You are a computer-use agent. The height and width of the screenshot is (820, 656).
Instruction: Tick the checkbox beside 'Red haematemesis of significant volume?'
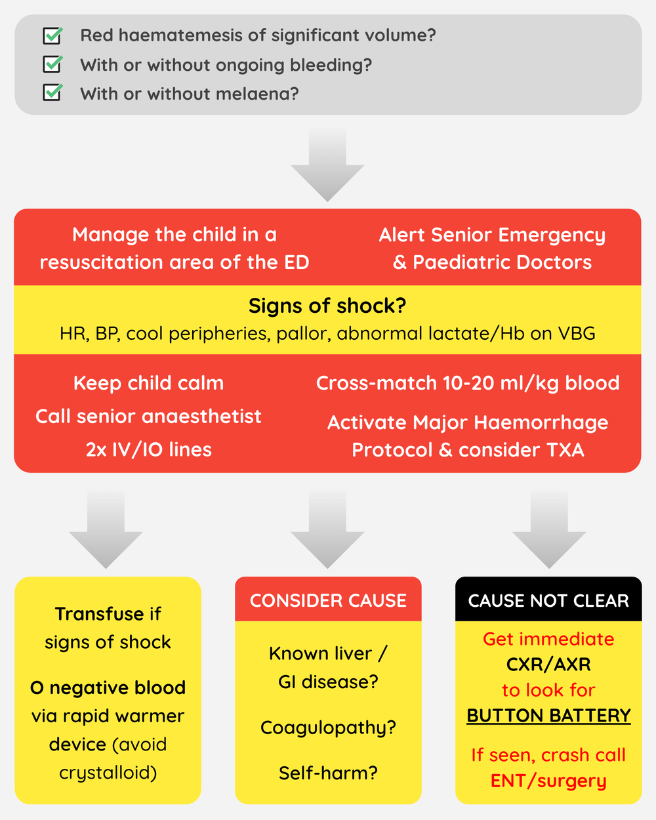click(52, 35)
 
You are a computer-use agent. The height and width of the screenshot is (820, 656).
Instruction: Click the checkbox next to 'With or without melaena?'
click(52, 93)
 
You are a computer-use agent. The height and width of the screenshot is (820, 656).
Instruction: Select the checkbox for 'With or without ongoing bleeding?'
click(52, 64)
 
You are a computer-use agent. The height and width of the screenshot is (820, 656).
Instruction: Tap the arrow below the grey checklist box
click(327, 164)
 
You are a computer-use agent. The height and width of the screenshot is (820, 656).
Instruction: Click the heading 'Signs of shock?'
click(327, 306)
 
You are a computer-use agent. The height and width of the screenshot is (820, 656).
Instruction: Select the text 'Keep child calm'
click(148, 383)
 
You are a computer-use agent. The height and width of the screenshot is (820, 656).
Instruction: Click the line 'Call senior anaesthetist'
click(148, 416)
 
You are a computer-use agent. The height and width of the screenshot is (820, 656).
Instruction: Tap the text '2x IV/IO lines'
click(148, 449)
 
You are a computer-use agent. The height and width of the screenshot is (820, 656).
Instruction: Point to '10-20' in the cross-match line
click(468, 383)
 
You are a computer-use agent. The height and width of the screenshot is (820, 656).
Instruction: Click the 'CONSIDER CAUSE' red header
click(328, 600)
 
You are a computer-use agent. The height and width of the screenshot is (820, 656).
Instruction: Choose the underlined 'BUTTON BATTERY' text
click(548, 715)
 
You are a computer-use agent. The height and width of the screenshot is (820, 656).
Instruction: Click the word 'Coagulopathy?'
click(328, 728)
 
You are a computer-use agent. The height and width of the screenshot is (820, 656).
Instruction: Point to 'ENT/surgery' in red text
click(548, 781)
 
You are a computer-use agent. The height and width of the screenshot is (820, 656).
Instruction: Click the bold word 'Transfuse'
click(99, 614)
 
